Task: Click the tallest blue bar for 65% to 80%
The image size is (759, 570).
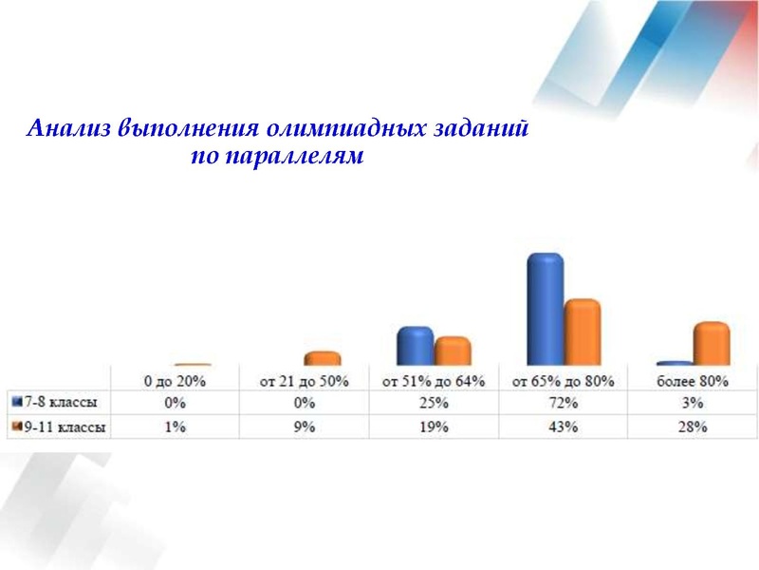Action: [x=546, y=310]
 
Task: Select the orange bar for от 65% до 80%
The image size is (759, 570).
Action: [x=583, y=332]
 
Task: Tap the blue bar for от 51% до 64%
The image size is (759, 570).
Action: [x=415, y=346]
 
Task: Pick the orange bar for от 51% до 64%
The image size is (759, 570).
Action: [x=453, y=351]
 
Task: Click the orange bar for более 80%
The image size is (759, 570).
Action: [x=712, y=344]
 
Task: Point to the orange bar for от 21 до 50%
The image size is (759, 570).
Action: [x=322, y=358]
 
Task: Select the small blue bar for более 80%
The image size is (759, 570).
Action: [x=675, y=363]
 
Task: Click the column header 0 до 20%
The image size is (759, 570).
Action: [x=175, y=381]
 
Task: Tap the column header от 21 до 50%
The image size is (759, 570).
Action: [x=305, y=381]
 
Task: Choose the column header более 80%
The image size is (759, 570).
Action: [x=693, y=381]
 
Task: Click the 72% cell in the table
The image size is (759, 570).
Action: [x=564, y=403]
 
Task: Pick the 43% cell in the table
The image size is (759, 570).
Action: [x=564, y=427]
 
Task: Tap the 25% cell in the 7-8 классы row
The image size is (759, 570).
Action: [x=434, y=403]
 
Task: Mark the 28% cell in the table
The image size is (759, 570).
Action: [x=693, y=427]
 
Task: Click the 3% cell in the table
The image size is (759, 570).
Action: [x=693, y=403]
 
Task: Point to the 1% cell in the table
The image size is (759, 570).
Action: [x=175, y=427]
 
